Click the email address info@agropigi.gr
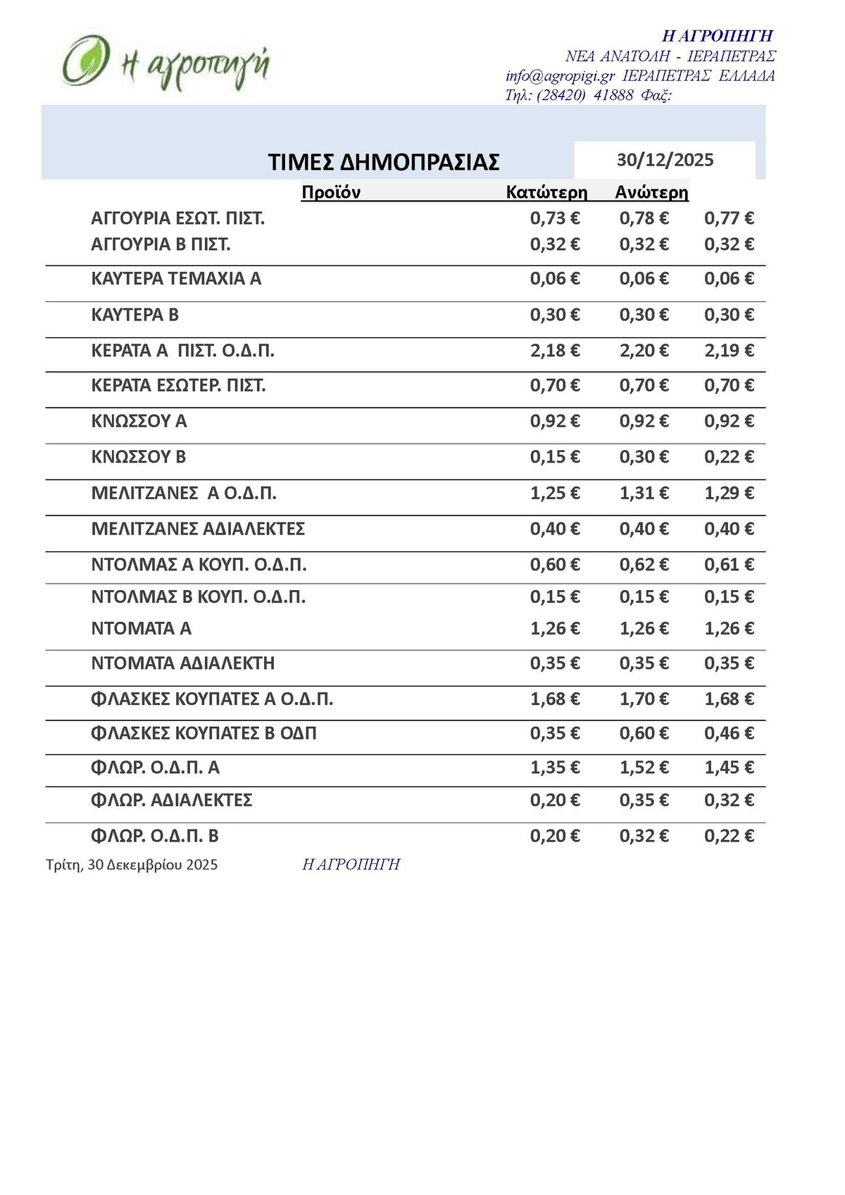(x=560, y=76)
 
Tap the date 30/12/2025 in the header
(x=665, y=161)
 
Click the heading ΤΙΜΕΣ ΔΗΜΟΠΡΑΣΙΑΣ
(x=384, y=162)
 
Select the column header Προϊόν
(x=331, y=192)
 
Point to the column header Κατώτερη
(x=546, y=192)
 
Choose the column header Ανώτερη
(x=651, y=192)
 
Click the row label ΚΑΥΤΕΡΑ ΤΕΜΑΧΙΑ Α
(x=176, y=279)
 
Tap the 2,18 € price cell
(x=555, y=351)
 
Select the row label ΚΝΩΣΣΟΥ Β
(x=139, y=457)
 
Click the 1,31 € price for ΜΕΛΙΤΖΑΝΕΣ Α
(x=644, y=493)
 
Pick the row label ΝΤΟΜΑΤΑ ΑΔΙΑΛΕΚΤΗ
(x=183, y=663)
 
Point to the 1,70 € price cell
(x=644, y=699)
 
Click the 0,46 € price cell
(x=729, y=734)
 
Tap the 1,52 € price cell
(x=644, y=768)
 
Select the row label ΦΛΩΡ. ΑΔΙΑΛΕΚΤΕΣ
(x=172, y=801)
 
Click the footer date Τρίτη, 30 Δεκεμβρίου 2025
(x=132, y=865)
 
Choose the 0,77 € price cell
(x=729, y=218)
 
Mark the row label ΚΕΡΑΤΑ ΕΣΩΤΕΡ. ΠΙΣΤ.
(x=178, y=386)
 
